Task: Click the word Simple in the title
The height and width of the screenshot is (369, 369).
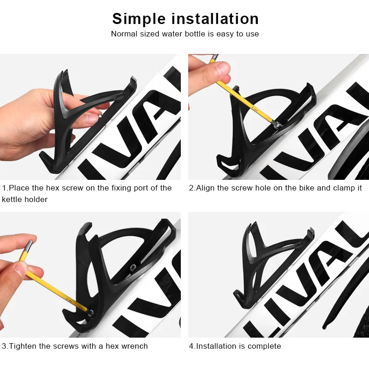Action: click(139, 19)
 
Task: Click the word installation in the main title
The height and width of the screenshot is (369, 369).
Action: click(215, 19)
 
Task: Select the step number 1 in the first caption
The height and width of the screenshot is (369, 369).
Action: click(4, 188)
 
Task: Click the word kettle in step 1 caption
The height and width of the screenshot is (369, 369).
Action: click(12, 200)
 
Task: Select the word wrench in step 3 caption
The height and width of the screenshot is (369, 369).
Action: click(136, 346)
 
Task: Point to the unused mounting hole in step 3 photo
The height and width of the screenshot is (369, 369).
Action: click(133, 267)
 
